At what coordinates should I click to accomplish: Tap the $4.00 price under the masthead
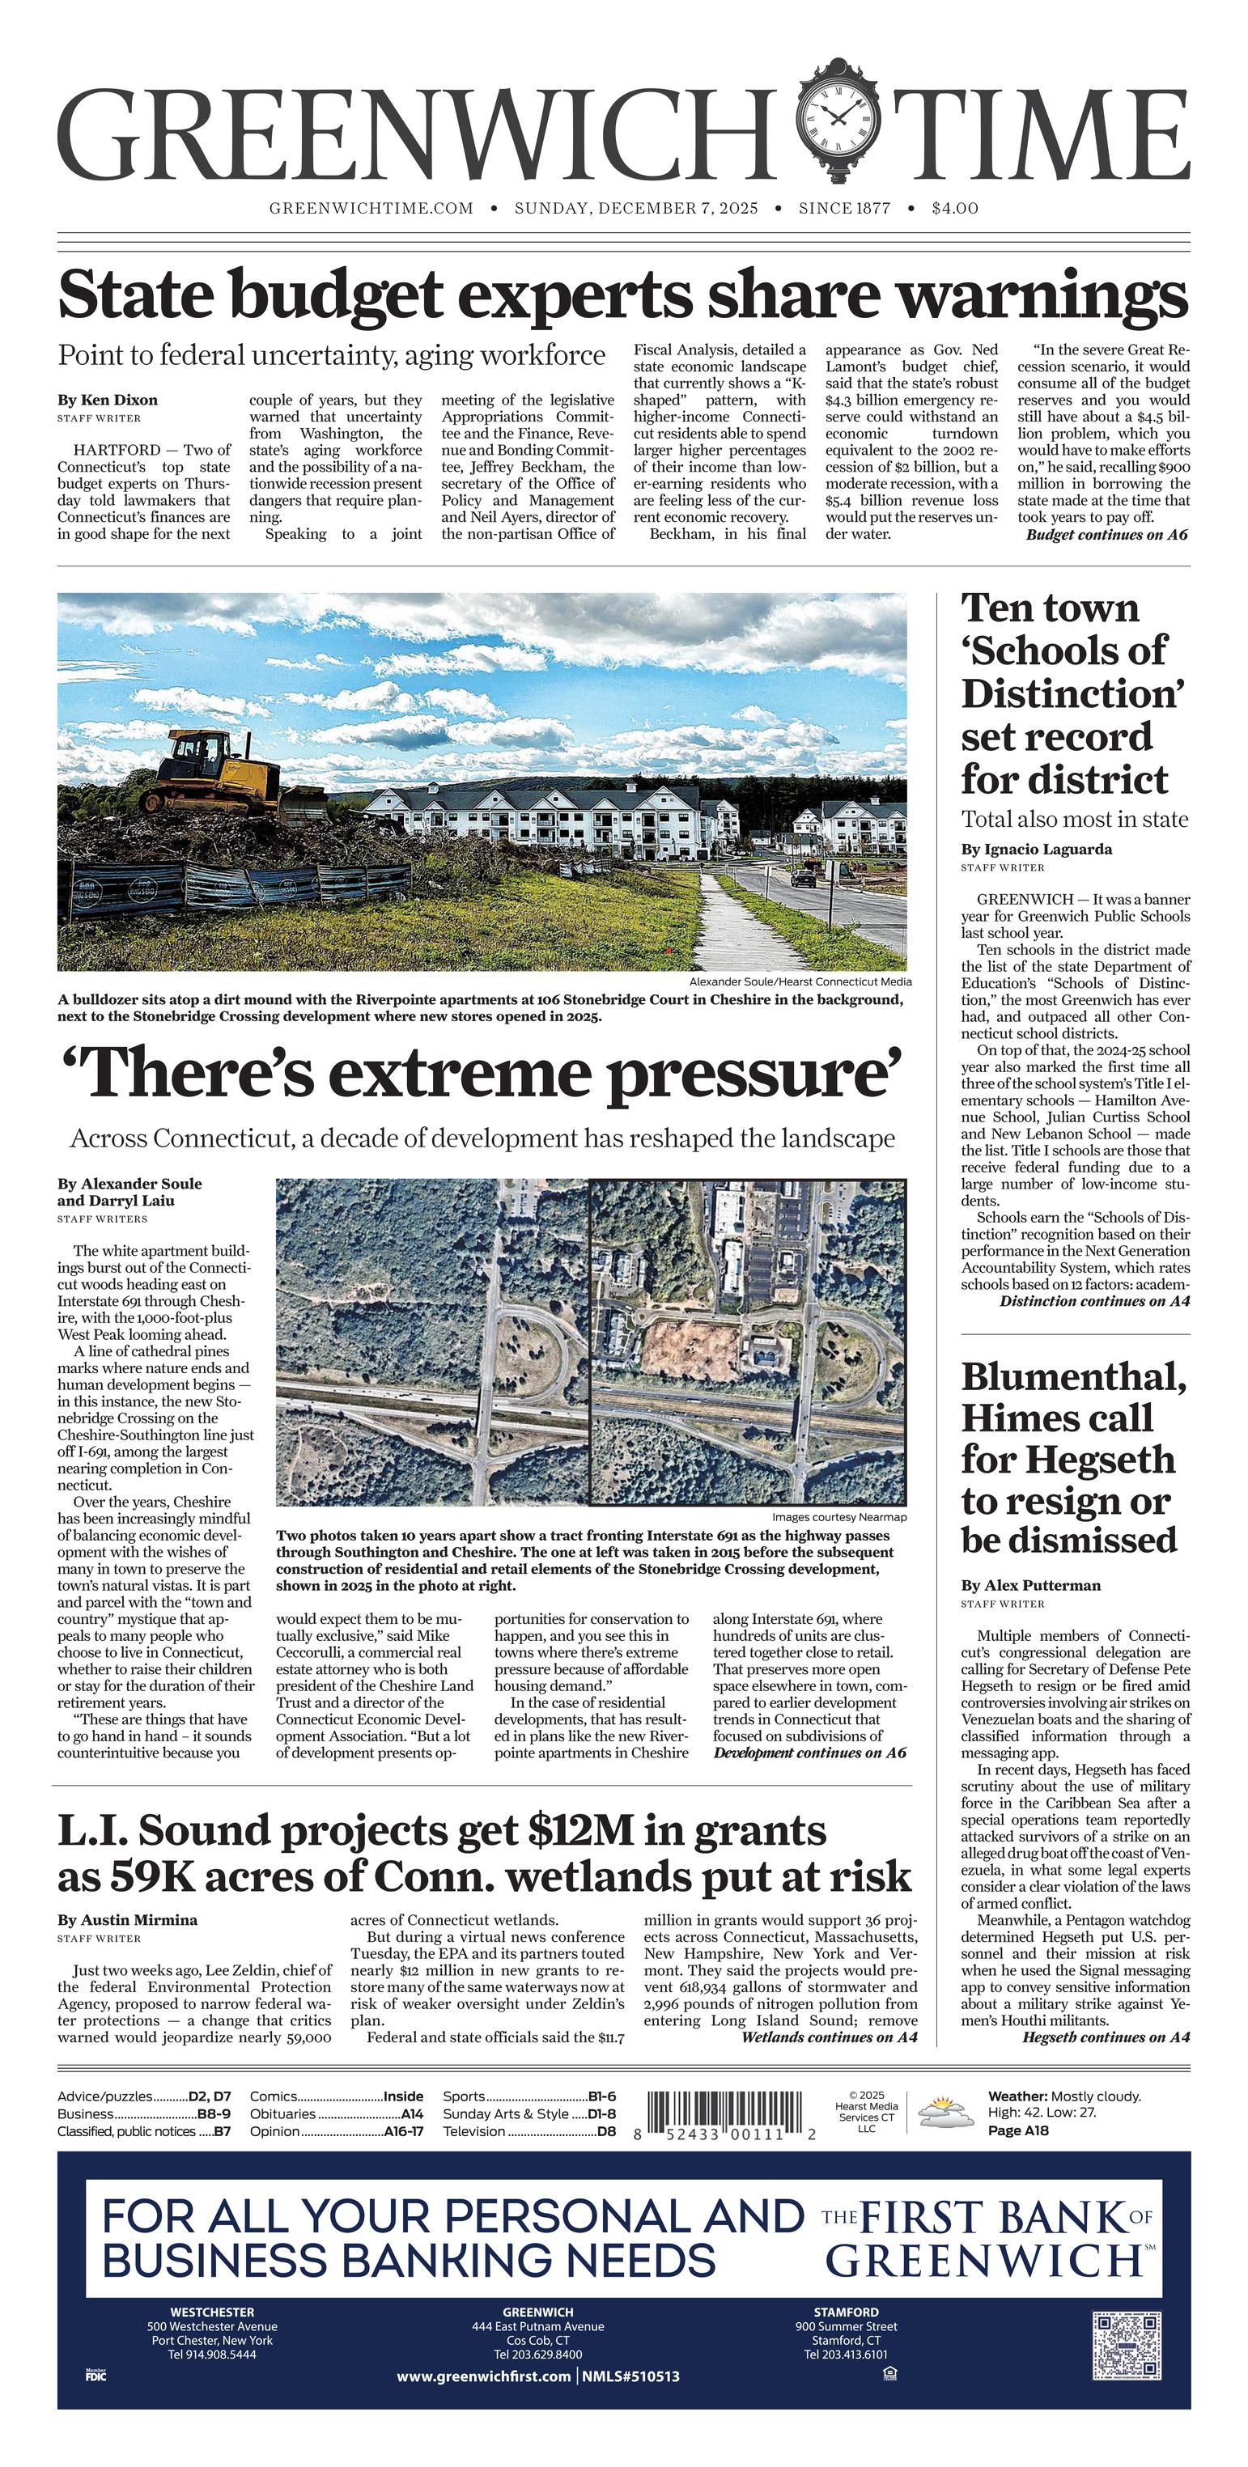point(954,208)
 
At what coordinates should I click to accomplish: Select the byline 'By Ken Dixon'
point(108,400)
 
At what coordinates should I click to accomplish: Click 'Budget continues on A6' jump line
point(1106,534)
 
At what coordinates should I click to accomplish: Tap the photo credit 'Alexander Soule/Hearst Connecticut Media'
point(800,981)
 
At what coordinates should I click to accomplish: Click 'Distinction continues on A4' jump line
point(1093,1300)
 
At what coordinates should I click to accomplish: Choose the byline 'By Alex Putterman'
point(1030,1585)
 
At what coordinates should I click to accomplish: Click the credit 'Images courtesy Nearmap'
point(838,1517)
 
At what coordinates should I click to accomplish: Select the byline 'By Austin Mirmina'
point(127,1919)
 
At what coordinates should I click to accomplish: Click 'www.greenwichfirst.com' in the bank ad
point(484,2376)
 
